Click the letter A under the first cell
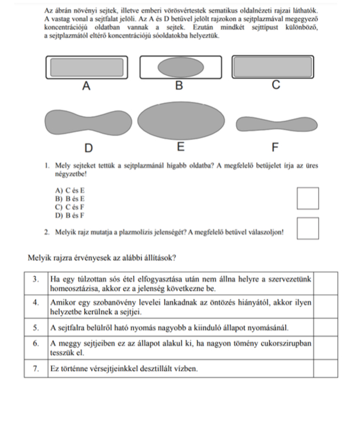[x=86, y=86]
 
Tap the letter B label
[x=179, y=86]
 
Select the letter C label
[x=276, y=85]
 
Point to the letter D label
[x=88, y=148]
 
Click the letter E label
[x=180, y=147]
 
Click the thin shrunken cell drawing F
[x=276, y=123]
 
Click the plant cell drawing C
[x=274, y=67]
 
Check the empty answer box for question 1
[x=308, y=198]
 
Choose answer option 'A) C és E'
[x=69, y=190]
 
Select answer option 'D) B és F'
[x=69, y=215]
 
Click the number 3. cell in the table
[x=36, y=279]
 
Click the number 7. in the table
[x=36, y=369]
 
